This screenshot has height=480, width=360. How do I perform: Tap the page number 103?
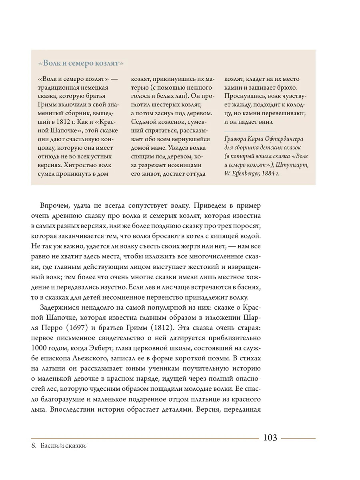[x=270, y=438]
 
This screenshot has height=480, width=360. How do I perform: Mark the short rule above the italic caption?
[x=250, y=131]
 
